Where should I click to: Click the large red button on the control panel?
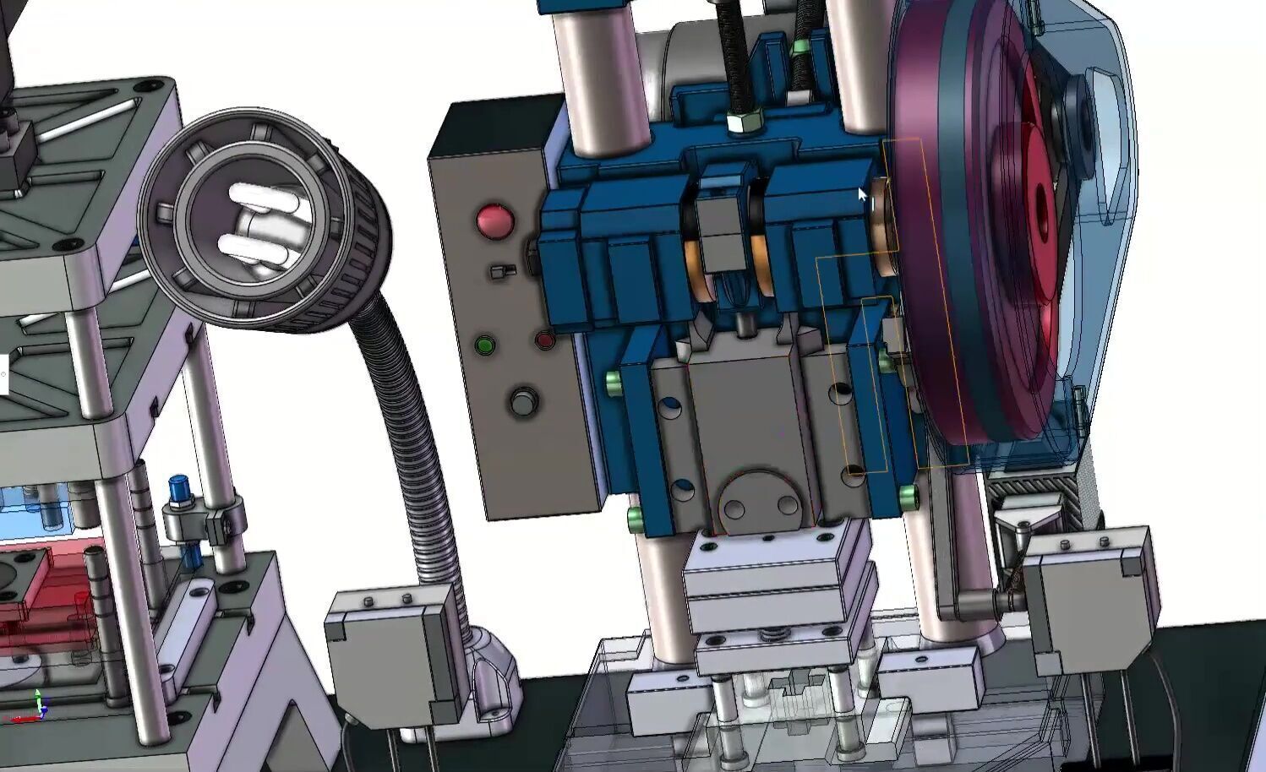pos(495,220)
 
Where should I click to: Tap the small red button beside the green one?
pos(545,340)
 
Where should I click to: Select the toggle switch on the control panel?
pos(502,271)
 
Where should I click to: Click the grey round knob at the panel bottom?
pos(523,401)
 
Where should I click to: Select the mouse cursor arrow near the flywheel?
pos(863,197)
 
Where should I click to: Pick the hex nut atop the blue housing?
pos(745,123)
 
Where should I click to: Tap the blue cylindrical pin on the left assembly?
pos(179,490)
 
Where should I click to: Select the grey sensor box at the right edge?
pos(1090,595)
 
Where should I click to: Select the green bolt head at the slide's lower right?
pos(909,496)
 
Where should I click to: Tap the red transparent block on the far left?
pos(42,583)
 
